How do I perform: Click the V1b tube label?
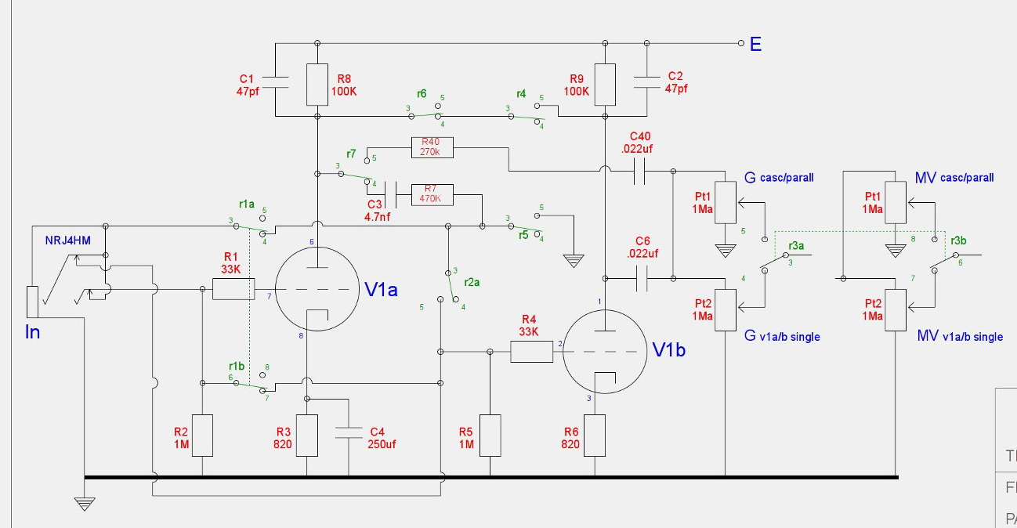[x=669, y=350]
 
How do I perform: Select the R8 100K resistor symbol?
[x=317, y=85]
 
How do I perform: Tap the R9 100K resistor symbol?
[x=605, y=85]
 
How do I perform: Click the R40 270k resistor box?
[x=432, y=146]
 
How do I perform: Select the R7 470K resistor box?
[x=432, y=193]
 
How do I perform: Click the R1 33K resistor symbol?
[x=232, y=290]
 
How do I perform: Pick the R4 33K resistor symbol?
[x=532, y=353]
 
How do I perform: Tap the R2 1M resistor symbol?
[x=202, y=436]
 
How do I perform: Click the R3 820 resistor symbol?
[x=306, y=436]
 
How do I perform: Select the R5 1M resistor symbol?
[x=490, y=436]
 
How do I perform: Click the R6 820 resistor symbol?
[x=595, y=436]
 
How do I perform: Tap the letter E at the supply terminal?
[x=755, y=44]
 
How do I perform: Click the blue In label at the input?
[x=32, y=332]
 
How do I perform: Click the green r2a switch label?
[x=472, y=281]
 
